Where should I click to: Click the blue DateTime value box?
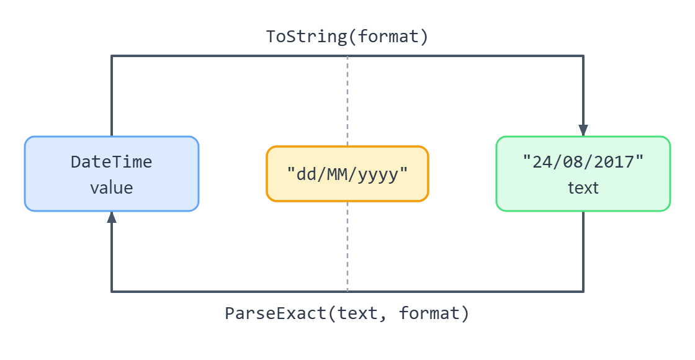pos(112,174)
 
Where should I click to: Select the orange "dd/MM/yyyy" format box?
pos(347,174)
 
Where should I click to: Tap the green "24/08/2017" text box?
pos(583,174)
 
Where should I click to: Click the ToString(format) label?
pos(347,37)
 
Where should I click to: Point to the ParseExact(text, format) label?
pos(347,313)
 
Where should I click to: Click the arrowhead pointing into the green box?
pos(583,130)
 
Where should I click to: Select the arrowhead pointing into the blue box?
pos(112,217)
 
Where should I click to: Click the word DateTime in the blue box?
pos(112,162)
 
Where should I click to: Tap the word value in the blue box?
pos(112,187)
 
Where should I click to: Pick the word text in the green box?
pos(583,187)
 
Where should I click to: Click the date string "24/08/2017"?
pos(583,162)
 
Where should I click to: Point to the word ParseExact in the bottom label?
pos(276,313)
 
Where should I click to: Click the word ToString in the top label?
pos(307,37)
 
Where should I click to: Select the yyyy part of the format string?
pos(378,174)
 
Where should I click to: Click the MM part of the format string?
pos(338,174)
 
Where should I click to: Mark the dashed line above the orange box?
pos(347,101)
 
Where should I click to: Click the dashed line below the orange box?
pos(347,246)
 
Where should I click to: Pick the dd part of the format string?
pos(307,174)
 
